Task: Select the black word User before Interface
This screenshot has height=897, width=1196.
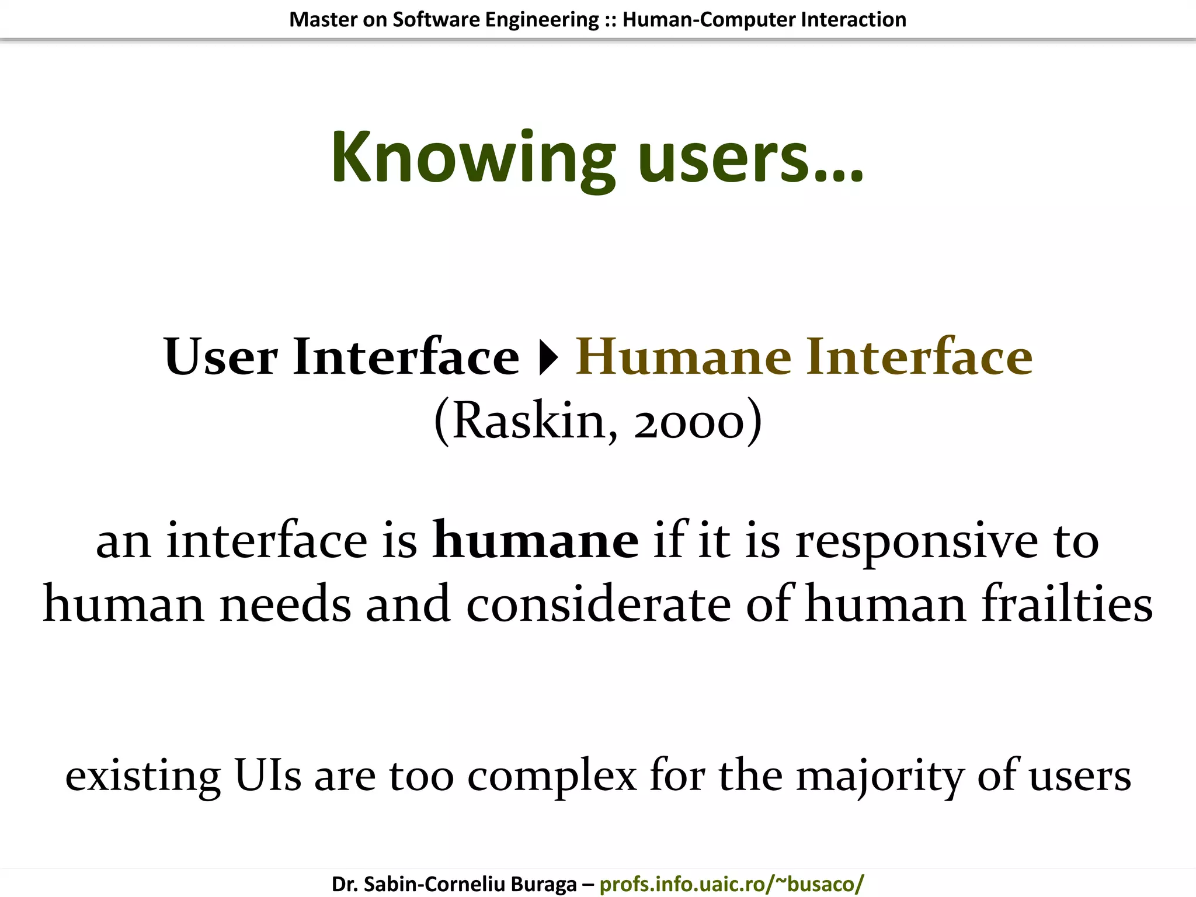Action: tap(221, 357)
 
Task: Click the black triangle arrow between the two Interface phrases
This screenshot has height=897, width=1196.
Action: tap(548, 358)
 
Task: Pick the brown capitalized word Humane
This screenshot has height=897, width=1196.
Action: tap(683, 357)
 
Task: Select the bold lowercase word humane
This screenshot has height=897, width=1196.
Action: tap(536, 541)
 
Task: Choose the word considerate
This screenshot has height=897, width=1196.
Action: tap(599, 604)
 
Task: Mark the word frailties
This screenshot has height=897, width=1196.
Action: tap(1066, 604)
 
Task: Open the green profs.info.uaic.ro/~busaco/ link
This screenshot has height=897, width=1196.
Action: tap(731, 884)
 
